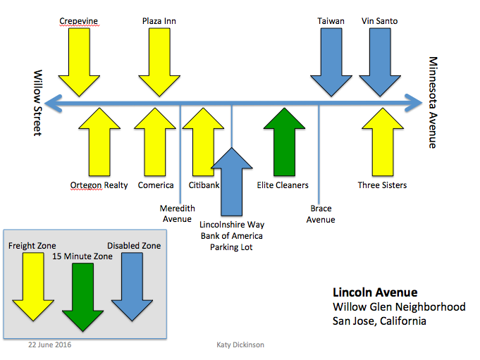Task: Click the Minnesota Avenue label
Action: [x=433, y=103]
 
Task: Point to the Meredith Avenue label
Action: [x=177, y=213]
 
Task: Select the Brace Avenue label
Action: [x=321, y=214]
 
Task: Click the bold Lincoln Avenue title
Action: [x=375, y=292]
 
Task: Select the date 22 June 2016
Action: [x=49, y=346]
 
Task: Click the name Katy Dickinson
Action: [x=240, y=346]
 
